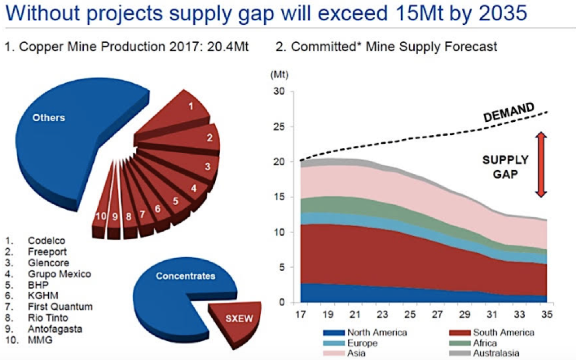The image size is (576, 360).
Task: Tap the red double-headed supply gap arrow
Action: [541, 164]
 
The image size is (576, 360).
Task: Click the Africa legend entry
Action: [483, 343]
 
